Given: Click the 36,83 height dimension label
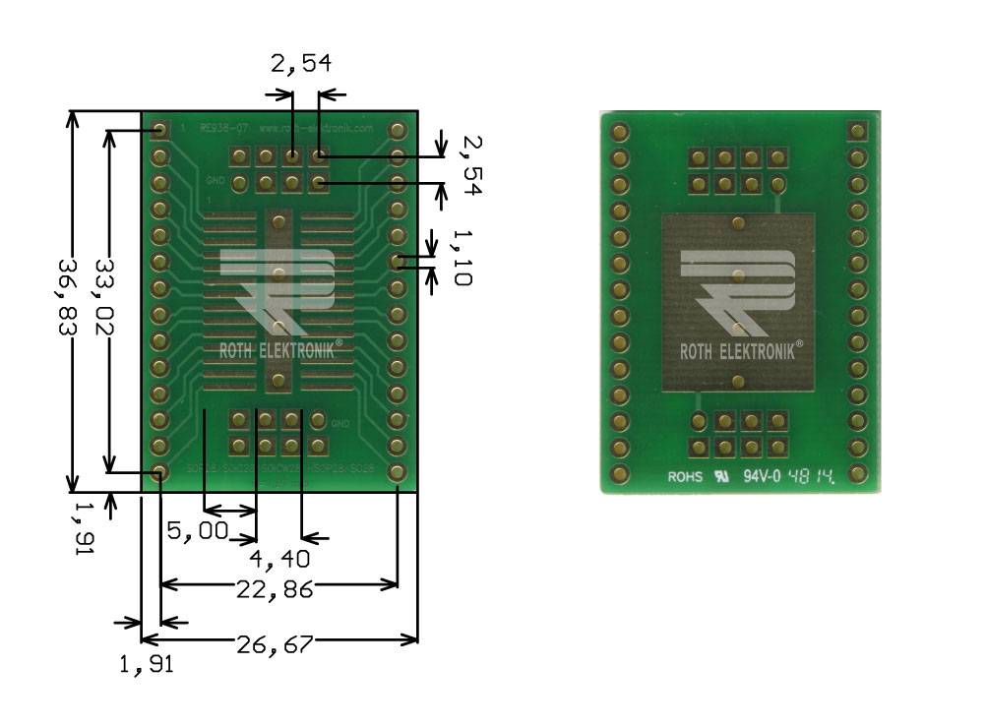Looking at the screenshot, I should pos(68,298).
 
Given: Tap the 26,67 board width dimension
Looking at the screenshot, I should pos(275,644).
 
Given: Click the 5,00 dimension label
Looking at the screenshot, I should pos(197,532).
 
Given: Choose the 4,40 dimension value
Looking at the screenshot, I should pos(279,559).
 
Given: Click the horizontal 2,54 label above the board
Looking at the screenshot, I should pos(301,64).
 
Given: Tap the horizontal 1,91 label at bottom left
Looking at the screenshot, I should pos(146,665).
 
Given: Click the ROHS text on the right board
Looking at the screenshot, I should pos(686,478).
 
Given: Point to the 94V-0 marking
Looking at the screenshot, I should pos(762,478).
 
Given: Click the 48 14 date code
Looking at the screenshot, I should pos(813,477).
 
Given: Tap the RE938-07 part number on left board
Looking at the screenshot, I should pos(217,128).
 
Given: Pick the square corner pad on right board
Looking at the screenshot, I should pos(856,130).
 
